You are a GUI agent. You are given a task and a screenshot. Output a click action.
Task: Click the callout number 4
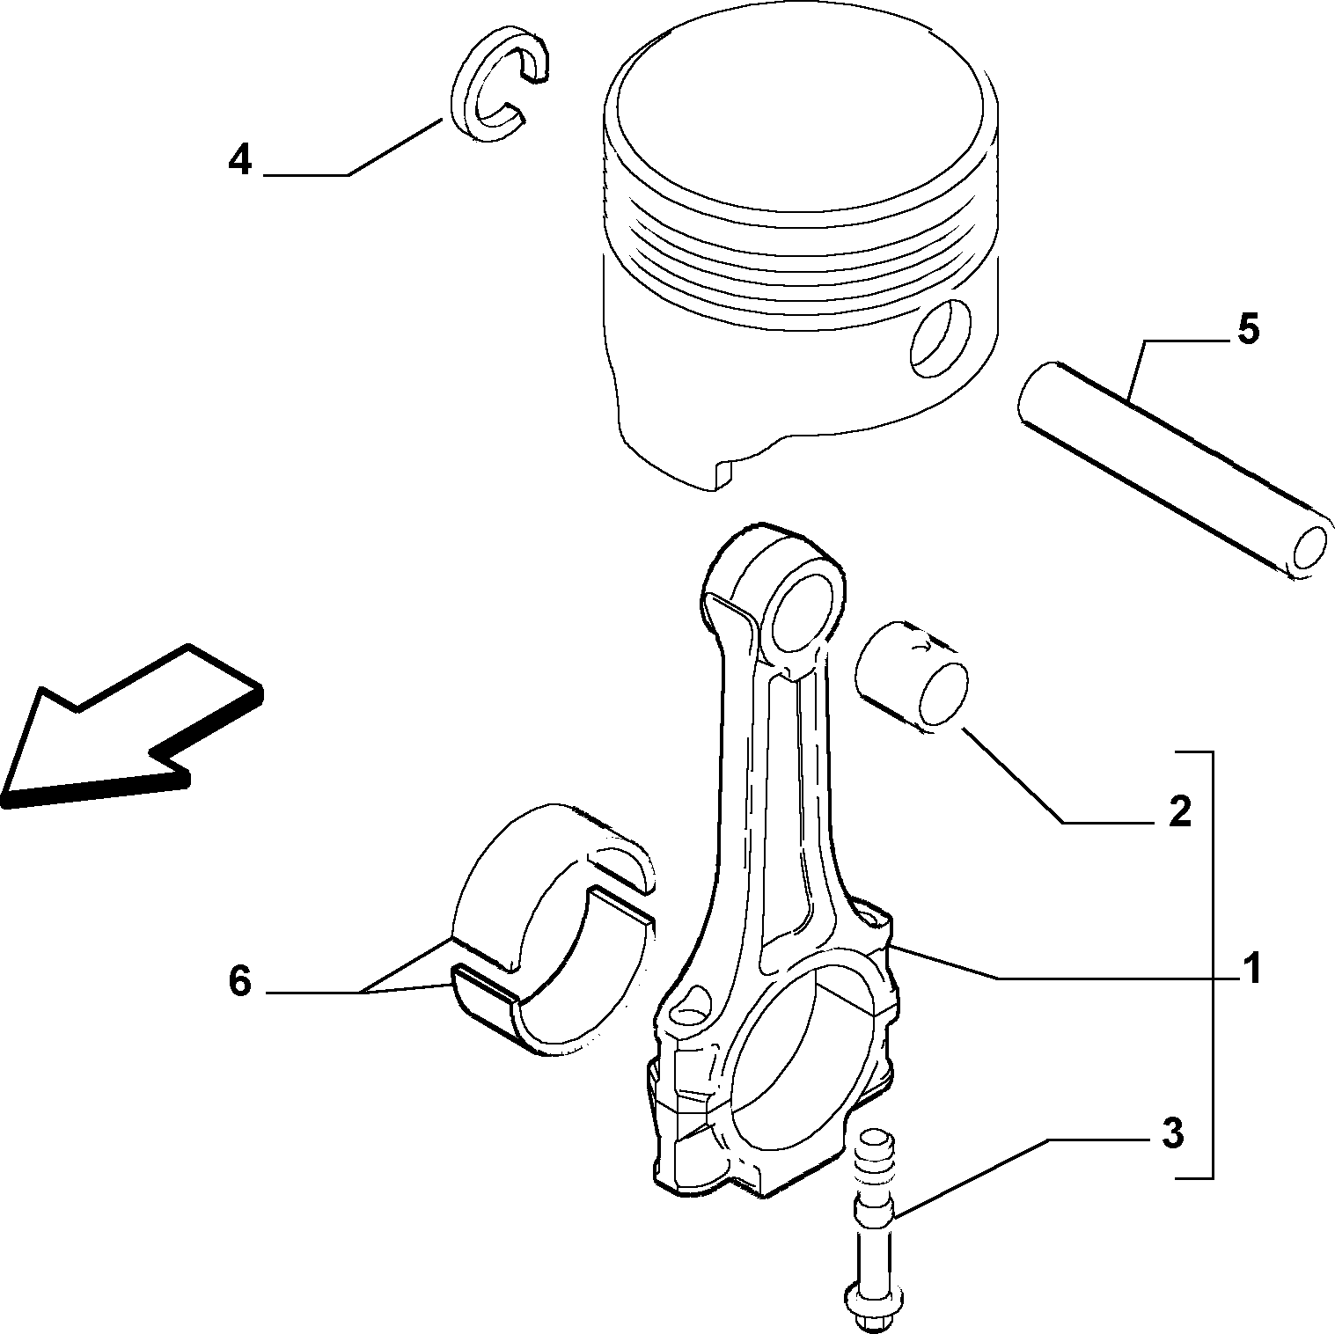[240, 160]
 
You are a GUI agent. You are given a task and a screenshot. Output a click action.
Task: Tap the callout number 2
[1179, 810]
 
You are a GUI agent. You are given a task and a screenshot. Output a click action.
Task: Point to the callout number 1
[1251, 968]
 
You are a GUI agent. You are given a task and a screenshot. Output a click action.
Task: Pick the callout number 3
[1172, 1133]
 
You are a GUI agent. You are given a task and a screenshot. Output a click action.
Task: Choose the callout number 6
[240, 980]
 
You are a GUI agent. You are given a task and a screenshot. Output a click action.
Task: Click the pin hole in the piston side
[942, 339]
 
